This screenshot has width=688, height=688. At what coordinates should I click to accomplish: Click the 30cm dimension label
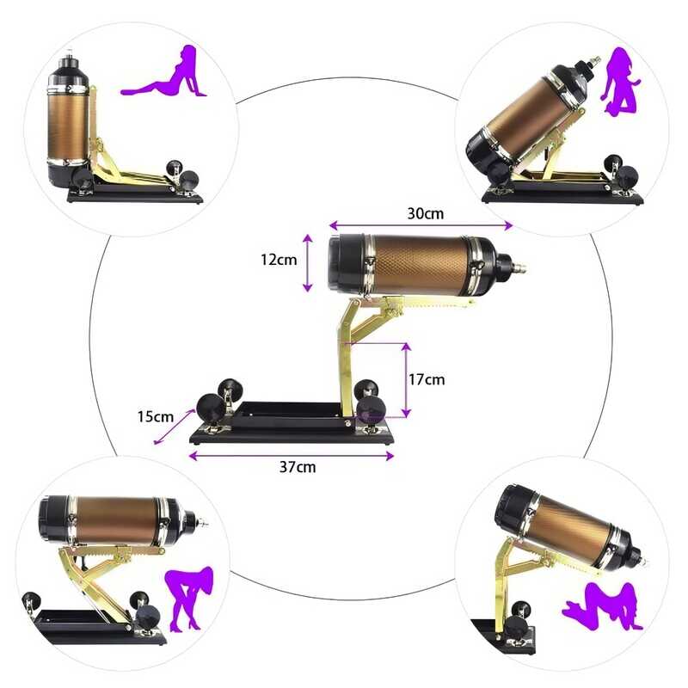click(x=425, y=213)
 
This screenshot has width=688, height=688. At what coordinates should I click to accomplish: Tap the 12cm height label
click(x=279, y=260)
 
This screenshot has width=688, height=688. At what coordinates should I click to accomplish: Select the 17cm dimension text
click(x=427, y=379)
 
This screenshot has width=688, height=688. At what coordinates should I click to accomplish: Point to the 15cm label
click(x=156, y=417)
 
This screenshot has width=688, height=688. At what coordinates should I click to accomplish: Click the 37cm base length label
click(x=298, y=467)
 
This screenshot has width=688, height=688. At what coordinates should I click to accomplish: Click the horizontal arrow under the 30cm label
click(x=421, y=225)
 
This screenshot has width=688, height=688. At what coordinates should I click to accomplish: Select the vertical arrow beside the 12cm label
click(x=308, y=263)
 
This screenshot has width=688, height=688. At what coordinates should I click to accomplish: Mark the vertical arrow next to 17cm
click(x=406, y=380)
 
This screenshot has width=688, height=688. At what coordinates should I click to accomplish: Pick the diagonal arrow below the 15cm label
click(x=175, y=427)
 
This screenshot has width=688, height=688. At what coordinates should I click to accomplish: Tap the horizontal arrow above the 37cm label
click(x=292, y=457)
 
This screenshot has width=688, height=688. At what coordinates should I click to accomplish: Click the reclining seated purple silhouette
click(x=165, y=72)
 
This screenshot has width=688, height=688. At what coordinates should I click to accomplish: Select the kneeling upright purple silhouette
click(x=619, y=83)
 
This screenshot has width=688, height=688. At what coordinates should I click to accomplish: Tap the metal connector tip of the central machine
click(x=519, y=267)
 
